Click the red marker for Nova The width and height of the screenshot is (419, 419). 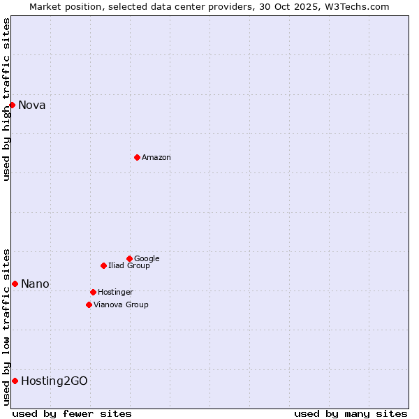pyautogui.click(x=12, y=105)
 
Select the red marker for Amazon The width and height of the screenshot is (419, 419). pyautogui.click(x=137, y=157)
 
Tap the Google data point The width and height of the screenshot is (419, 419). pyautogui.click(x=129, y=258)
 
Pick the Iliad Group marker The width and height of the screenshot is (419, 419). pyautogui.click(x=103, y=265)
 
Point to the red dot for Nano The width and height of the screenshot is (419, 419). pyautogui.click(x=15, y=284)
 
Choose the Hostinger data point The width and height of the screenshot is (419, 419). pyautogui.click(x=93, y=292)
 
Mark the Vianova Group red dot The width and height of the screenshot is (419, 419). pyautogui.click(x=89, y=304)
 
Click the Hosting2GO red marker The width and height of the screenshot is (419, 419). pyautogui.click(x=15, y=381)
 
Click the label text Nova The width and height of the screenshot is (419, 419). pyautogui.click(x=32, y=105)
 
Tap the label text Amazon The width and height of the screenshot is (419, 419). pyautogui.click(x=156, y=158)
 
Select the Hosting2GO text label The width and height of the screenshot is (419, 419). pyautogui.click(x=54, y=381)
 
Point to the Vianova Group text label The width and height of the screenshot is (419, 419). pyautogui.click(x=121, y=304)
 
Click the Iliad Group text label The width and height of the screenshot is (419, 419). pyautogui.click(x=129, y=265)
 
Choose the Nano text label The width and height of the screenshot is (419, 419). pyautogui.click(x=35, y=284)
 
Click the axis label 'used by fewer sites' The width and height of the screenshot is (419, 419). pyautogui.click(x=72, y=413)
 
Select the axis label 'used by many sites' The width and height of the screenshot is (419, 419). pyautogui.click(x=351, y=413)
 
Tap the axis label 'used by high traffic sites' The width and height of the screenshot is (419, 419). pyautogui.click(x=6, y=99)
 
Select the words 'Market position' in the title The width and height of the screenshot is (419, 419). pyautogui.click(x=62, y=6)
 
